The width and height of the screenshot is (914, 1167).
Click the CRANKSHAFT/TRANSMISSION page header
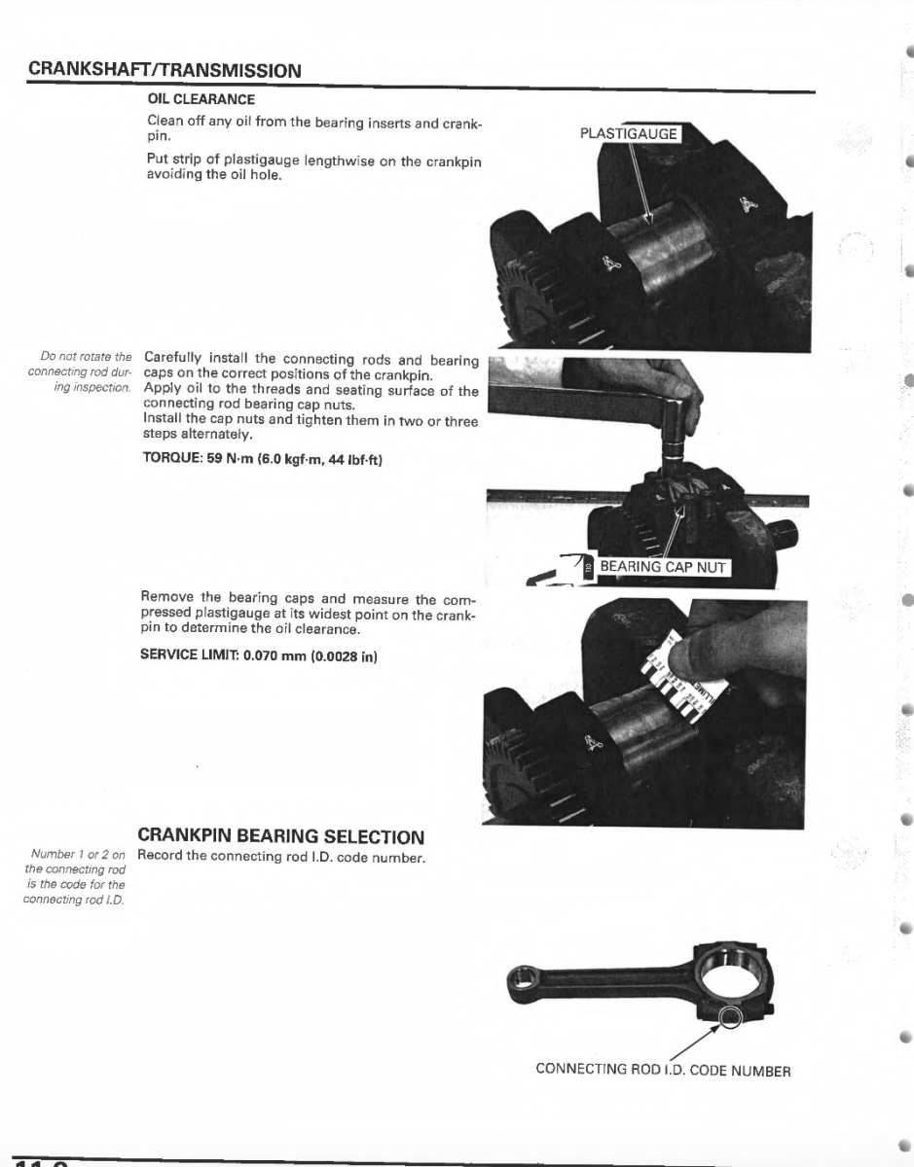point(165,71)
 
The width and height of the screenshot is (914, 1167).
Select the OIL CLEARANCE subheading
point(201,99)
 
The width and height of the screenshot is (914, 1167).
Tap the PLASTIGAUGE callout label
point(628,134)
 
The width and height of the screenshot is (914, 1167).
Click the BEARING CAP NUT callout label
point(662,567)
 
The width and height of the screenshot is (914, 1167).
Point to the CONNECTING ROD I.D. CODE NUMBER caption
point(663,1071)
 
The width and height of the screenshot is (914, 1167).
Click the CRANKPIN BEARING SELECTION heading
point(281,836)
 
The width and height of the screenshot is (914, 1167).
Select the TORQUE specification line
point(263,459)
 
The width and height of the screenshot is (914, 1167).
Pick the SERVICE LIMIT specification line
point(259,655)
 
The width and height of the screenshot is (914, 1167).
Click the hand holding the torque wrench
point(672,389)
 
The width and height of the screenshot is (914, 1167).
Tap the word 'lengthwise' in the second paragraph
point(311,161)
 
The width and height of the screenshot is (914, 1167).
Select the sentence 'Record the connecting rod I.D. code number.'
point(282,857)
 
